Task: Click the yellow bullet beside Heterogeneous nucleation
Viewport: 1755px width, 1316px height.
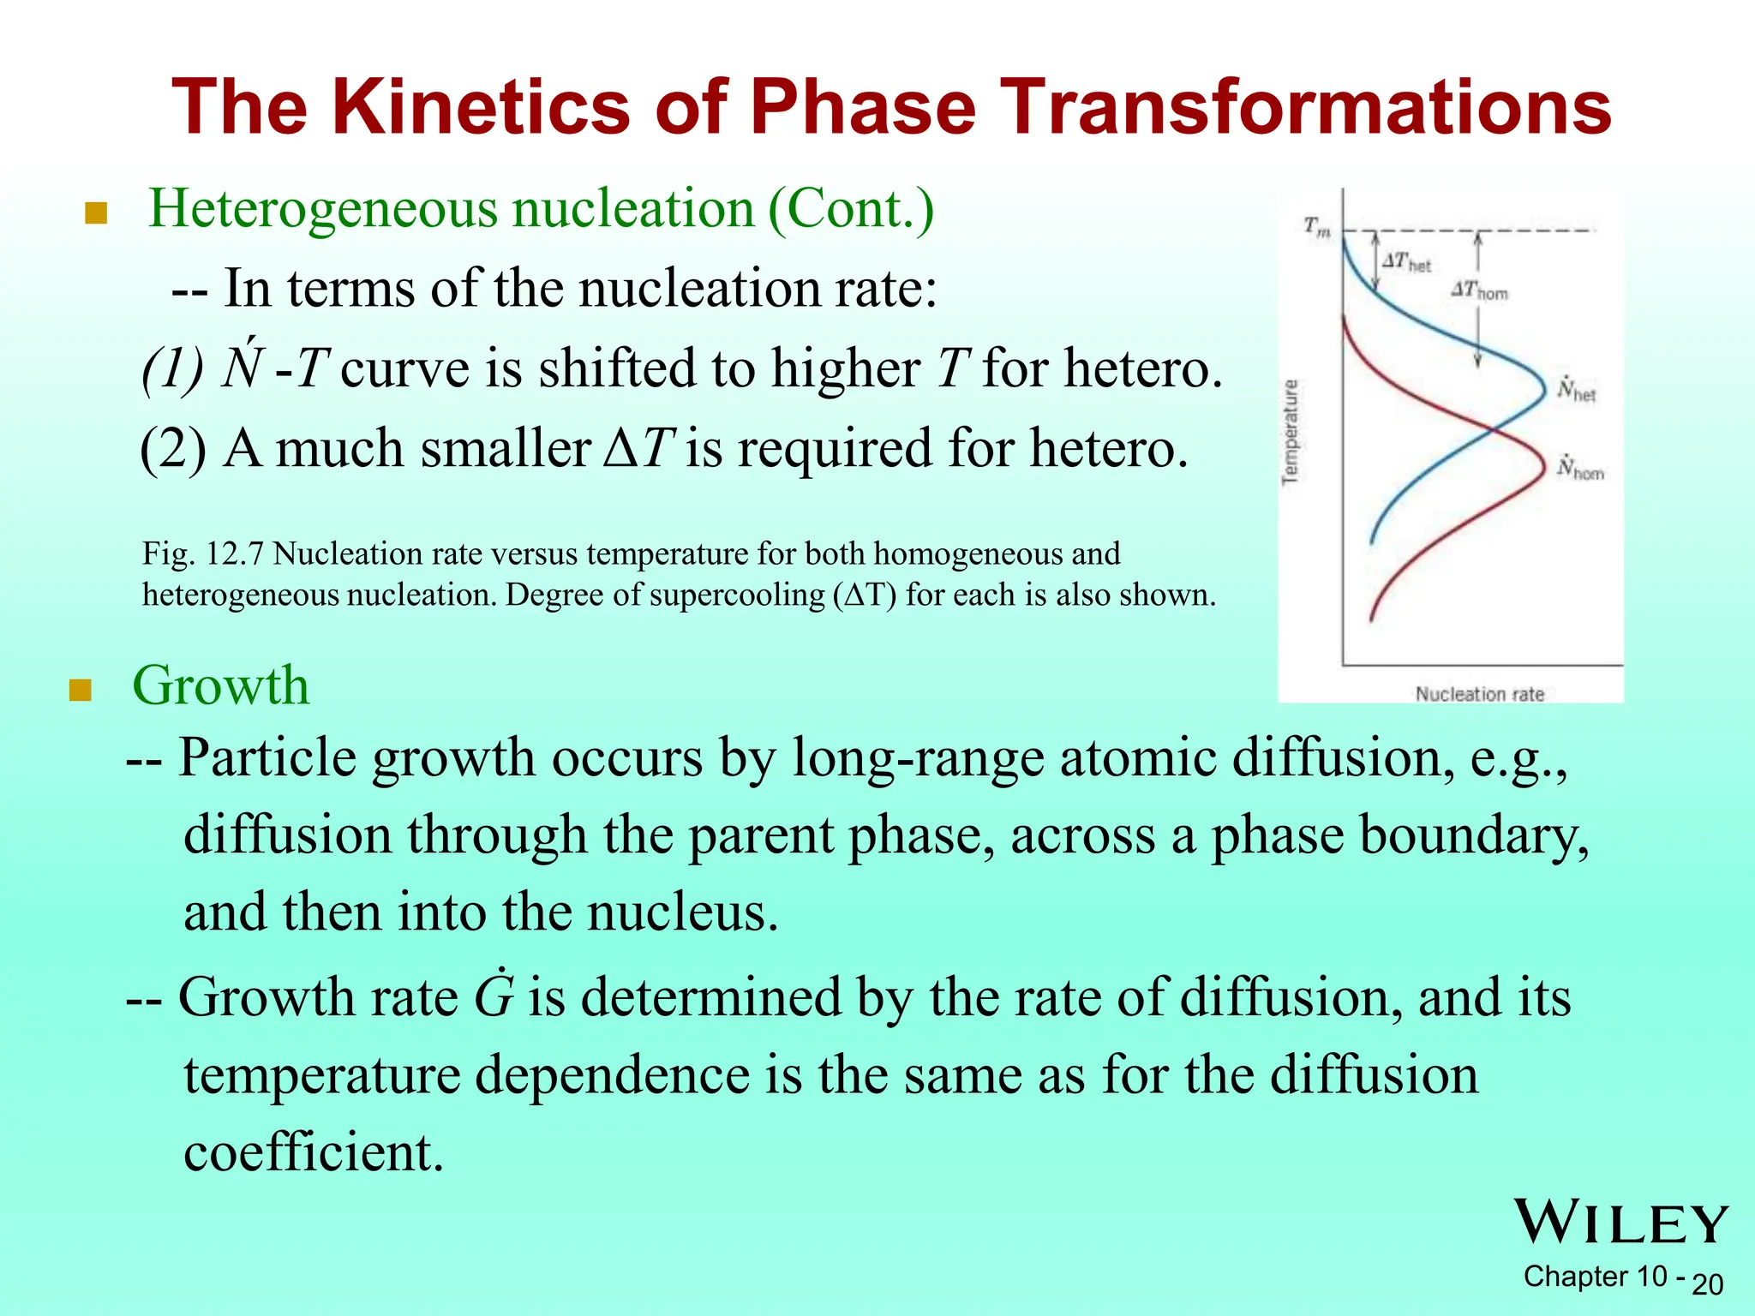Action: (96, 212)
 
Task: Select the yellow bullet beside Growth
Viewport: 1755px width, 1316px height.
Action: (80, 690)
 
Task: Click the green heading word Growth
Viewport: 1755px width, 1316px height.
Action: (220, 685)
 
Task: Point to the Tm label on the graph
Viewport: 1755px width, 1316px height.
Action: (1316, 228)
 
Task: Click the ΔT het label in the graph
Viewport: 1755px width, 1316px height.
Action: (1406, 262)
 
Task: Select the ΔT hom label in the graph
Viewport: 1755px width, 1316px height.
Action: (1479, 291)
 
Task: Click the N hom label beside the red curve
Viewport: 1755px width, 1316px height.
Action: (1579, 469)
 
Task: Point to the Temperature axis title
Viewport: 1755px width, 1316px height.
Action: (1290, 432)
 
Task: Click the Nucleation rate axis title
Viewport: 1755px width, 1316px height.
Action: (1479, 694)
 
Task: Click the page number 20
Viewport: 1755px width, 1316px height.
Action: (1707, 1284)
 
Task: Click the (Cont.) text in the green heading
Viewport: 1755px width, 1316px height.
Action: (850, 208)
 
